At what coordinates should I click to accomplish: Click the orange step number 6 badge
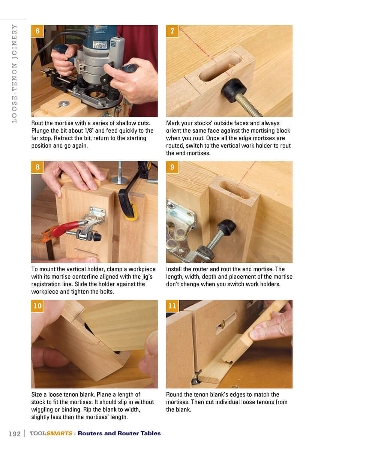[x=37, y=31]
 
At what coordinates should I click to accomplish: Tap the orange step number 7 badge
[x=172, y=31]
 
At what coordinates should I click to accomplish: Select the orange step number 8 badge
[x=37, y=167]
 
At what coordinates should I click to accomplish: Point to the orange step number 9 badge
[x=172, y=167]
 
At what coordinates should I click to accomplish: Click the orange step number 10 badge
[x=37, y=306]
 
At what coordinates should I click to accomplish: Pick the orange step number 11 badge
[x=172, y=306]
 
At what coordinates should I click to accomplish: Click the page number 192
[x=15, y=433]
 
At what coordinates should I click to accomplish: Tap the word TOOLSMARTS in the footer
[x=51, y=433]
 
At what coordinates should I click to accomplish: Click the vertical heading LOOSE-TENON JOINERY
[x=14, y=73]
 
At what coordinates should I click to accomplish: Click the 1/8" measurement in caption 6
[x=89, y=130]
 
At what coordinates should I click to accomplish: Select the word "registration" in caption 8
[x=48, y=284]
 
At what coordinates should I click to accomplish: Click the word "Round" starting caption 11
[x=175, y=394]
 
